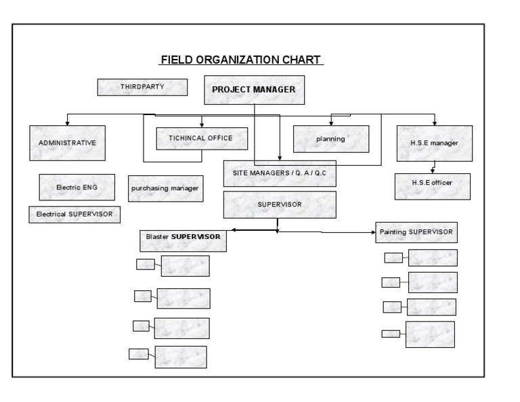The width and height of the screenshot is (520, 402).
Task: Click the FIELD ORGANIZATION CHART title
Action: pos(242,60)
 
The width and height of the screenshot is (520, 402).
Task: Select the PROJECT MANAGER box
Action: pos(254,89)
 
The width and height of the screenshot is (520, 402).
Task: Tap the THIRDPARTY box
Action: pos(142,87)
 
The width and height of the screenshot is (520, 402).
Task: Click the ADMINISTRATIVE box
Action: pos(67,143)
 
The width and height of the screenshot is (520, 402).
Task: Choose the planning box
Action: pos(330,139)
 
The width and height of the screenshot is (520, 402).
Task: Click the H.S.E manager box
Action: pos(434,143)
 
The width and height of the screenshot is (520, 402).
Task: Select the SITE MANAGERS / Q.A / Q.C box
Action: pos(280,173)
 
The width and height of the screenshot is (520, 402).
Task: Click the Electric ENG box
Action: pos(77,187)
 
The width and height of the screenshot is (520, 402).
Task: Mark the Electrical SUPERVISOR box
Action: pos(74,215)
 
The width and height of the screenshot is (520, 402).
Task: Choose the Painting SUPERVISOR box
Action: pos(417,232)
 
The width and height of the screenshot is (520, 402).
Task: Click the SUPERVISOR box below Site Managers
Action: pos(280,204)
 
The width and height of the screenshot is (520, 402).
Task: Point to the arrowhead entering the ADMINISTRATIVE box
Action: pos(67,123)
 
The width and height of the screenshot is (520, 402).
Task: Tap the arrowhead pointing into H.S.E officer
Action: pos(432,172)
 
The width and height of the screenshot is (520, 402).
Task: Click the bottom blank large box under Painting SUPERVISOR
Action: pos(430,334)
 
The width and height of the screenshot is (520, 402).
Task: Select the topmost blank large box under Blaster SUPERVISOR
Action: pos(185,266)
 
